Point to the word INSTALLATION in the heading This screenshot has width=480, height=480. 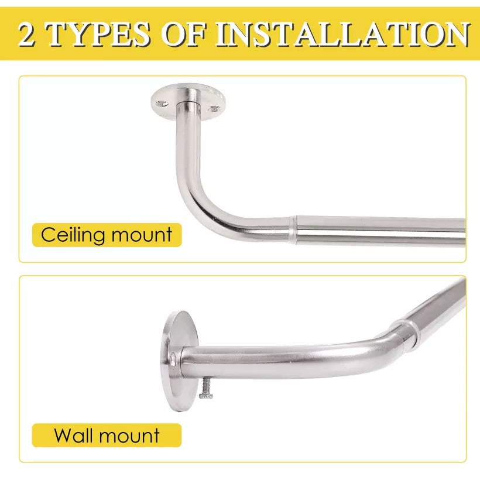point(342,35)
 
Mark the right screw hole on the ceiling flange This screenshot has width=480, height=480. point(214,108)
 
